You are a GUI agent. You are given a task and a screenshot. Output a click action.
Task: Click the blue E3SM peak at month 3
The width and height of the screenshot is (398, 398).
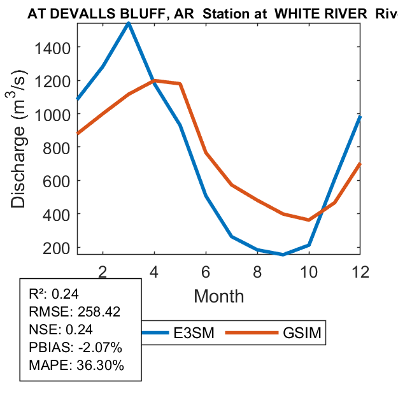pos(129,24)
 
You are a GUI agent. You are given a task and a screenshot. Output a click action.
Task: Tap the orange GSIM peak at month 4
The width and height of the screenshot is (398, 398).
pos(155,81)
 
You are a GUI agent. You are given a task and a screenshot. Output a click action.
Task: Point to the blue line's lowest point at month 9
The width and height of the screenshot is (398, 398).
pos(283,254)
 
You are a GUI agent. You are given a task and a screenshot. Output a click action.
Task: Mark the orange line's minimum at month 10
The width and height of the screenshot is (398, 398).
pos(309,220)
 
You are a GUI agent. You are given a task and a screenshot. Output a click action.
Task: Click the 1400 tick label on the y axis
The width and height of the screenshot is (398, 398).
pos(54,47)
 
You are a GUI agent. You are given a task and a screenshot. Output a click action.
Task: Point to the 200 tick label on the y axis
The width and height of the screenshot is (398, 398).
pos(59,248)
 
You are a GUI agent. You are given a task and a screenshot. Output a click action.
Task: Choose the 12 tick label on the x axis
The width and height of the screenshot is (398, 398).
pos(360,271)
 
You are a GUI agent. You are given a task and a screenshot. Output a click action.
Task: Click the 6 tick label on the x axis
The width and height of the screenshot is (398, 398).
pos(206,271)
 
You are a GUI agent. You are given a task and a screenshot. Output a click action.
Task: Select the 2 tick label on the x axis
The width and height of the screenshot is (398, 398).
pos(103,271)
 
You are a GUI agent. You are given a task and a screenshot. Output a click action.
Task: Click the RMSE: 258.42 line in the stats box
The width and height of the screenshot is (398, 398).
pos(75,312)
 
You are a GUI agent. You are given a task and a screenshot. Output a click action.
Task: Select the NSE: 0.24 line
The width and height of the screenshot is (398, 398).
pos(60,330)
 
